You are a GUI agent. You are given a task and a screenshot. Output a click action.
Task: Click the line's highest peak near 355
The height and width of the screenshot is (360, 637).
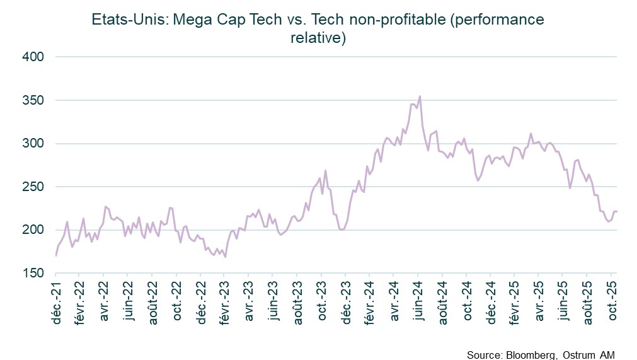[420, 96]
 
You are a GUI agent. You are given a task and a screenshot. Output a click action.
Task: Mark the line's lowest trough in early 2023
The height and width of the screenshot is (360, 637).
[225, 257]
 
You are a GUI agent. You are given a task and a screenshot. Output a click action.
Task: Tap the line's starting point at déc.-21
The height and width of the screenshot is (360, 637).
[56, 255]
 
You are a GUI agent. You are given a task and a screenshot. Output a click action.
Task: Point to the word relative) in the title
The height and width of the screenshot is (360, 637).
[318, 38]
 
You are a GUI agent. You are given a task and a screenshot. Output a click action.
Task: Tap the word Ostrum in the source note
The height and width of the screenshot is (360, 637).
[578, 354]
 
